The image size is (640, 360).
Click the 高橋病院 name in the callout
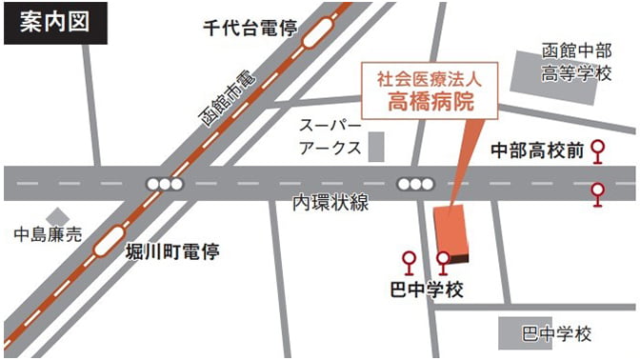[x=430, y=102]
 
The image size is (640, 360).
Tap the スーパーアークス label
[x=329, y=135]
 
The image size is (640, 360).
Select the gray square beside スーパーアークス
[x=377, y=146]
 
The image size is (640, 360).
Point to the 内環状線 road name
[x=330, y=203]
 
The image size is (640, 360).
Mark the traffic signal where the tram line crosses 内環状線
[x=163, y=183]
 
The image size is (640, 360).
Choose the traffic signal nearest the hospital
[x=414, y=183]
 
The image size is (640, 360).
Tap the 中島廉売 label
[x=47, y=233]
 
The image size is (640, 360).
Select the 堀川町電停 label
[x=172, y=252]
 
